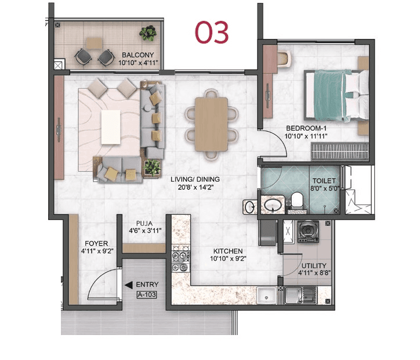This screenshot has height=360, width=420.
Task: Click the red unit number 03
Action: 212,33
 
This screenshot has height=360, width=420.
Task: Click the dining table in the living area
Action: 211,124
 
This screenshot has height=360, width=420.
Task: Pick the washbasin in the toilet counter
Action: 271,205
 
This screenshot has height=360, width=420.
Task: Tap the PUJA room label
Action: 144,222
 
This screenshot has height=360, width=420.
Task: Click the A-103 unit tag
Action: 146,294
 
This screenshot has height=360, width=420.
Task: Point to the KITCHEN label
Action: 226,251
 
